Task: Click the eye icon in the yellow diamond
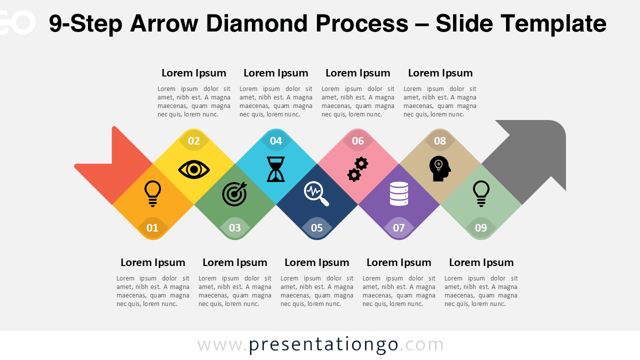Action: click(x=194, y=169)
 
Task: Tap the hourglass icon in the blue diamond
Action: click(x=275, y=169)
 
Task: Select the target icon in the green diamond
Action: click(x=234, y=193)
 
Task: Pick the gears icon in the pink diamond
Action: click(x=358, y=169)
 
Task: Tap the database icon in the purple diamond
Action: click(x=399, y=194)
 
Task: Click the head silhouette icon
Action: click(x=440, y=169)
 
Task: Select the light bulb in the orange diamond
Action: click(x=153, y=193)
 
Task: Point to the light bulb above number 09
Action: click(x=481, y=193)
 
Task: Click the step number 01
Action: click(x=152, y=228)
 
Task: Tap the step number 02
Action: click(x=194, y=141)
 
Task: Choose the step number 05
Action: click(x=317, y=228)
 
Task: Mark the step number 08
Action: click(x=440, y=141)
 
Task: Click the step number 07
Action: click(x=399, y=228)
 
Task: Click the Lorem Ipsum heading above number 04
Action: click(x=276, y=73)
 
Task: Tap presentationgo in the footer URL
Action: click(x=323, y=344)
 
